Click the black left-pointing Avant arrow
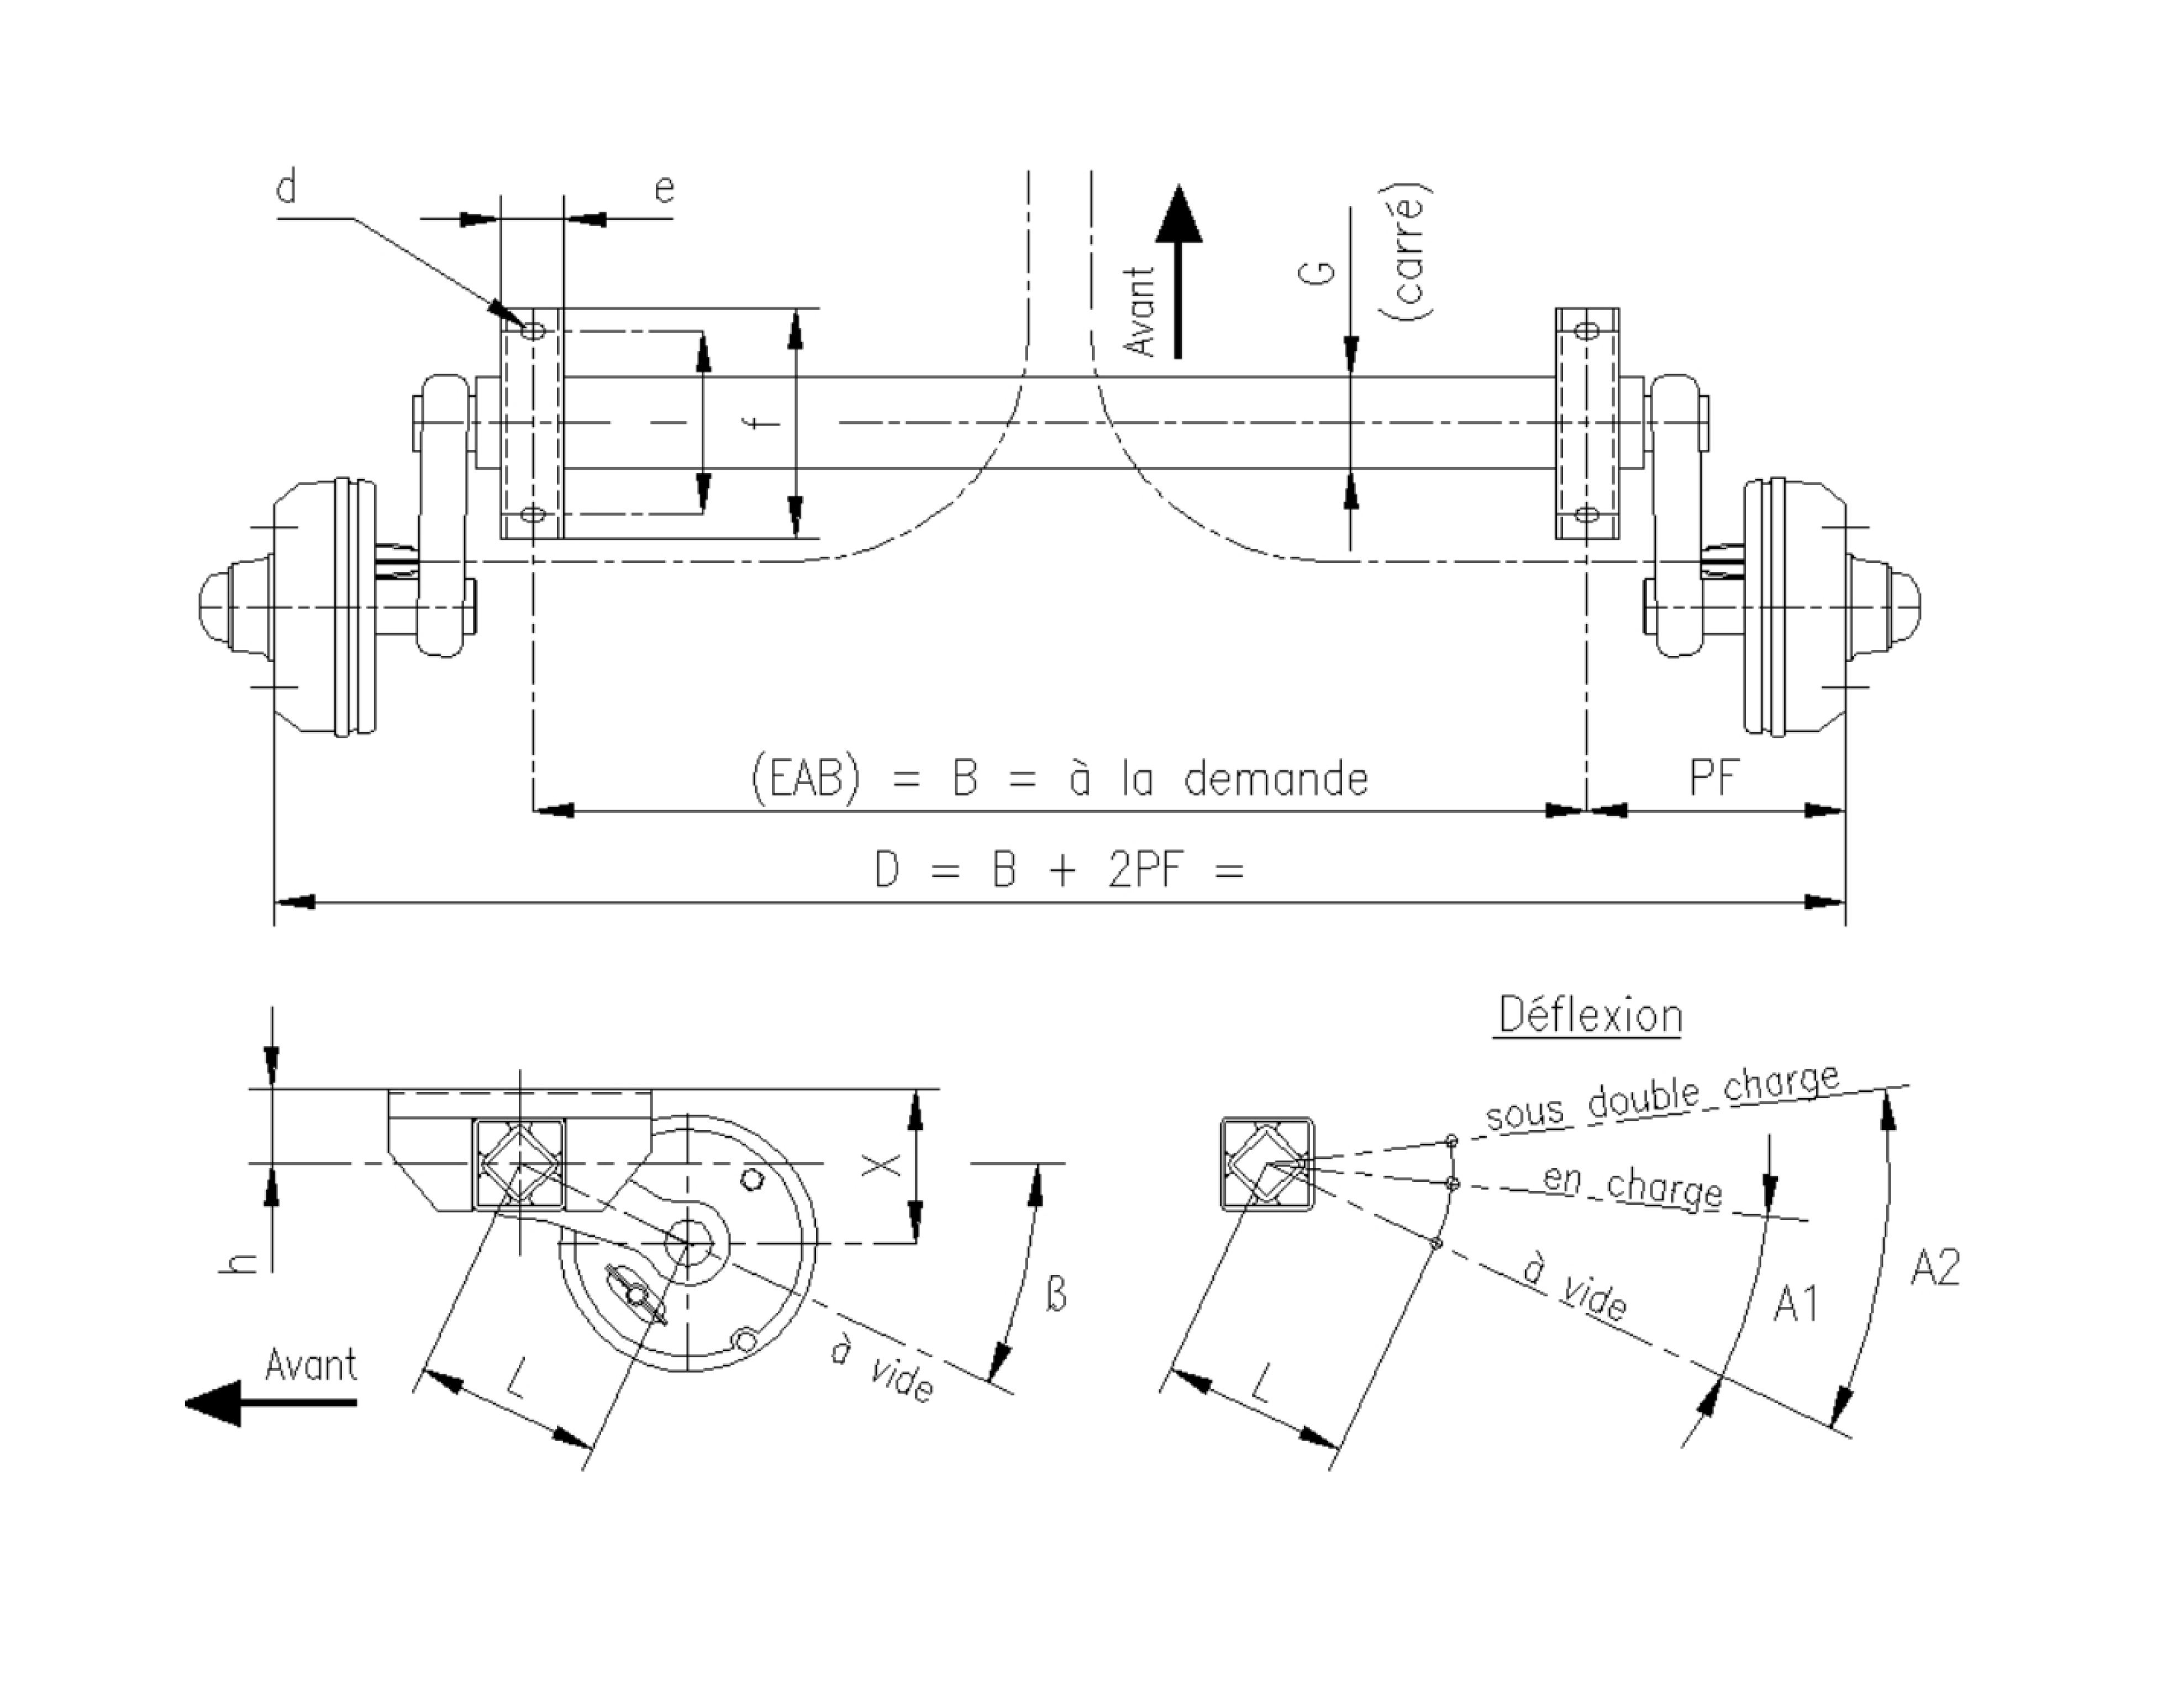[x=269, y=1401]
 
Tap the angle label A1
[x=1796, y=1303]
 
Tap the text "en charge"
[x=1632, y=1185]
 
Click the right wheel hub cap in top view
[x=1898, y=606]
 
